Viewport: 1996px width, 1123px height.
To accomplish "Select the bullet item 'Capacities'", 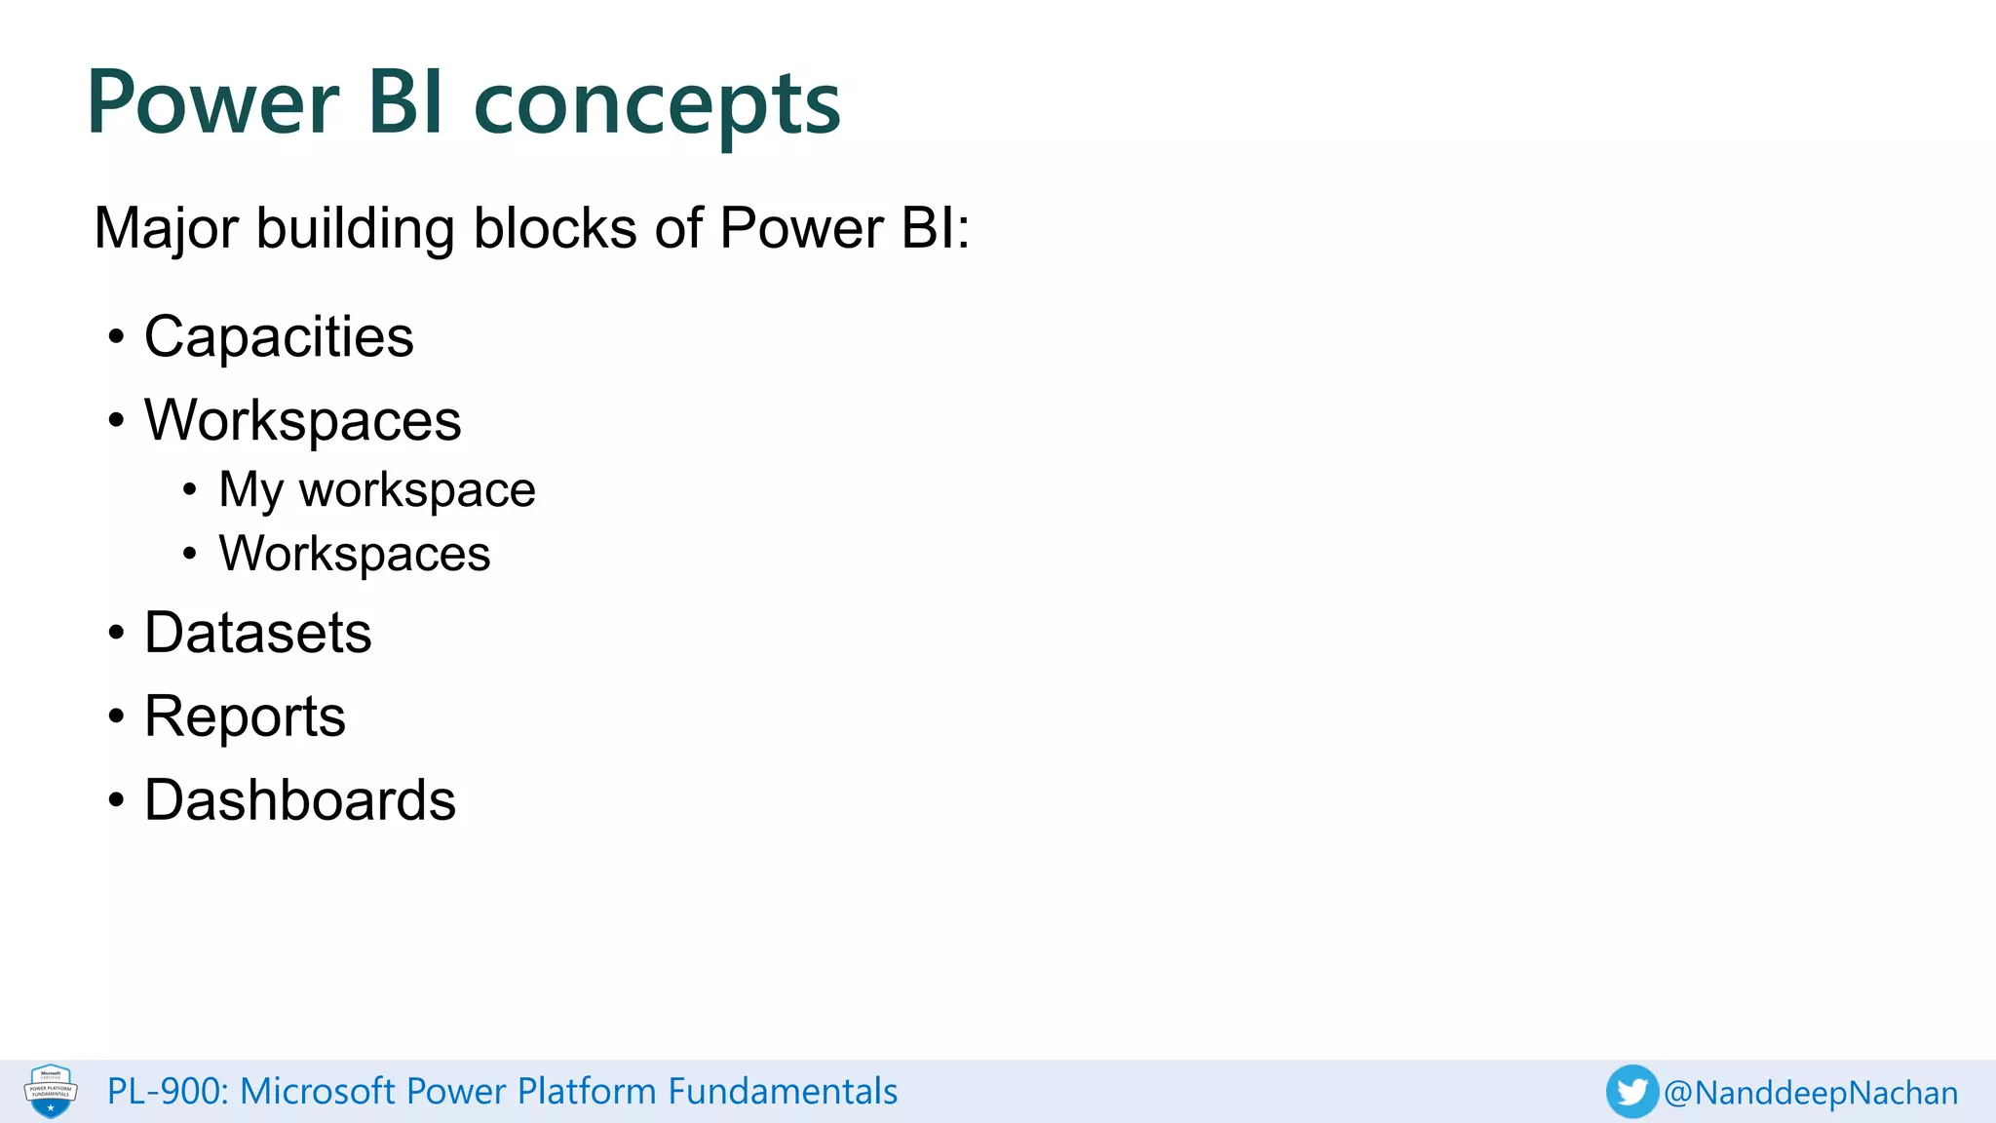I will coord(279,336).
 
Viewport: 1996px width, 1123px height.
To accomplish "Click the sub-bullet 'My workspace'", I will coord(376,489).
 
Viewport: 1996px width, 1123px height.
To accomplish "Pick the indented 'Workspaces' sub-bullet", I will coord(354,554).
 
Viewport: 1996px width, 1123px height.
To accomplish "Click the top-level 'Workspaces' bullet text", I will coord(302,420).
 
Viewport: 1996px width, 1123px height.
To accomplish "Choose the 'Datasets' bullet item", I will coord(257,632).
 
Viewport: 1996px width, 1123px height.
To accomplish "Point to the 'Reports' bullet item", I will coord(245,716).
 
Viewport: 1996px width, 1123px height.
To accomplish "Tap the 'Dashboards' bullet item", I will coord(299,799).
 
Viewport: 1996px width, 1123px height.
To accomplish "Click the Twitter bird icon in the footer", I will coord(1631,1091).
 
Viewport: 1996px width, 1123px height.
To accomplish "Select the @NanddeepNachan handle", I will coord(1811,1093).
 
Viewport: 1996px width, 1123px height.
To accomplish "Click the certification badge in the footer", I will coord(51,1091).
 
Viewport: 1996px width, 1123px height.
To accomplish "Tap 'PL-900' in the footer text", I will coord(166,1091).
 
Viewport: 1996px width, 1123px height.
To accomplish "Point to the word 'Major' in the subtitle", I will coord(166,229).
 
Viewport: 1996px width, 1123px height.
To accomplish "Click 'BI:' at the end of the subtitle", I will coord(934,229).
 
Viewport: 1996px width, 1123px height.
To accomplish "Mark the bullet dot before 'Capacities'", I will coord(117,337).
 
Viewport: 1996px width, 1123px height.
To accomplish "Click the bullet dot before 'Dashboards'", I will coord(117,800).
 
